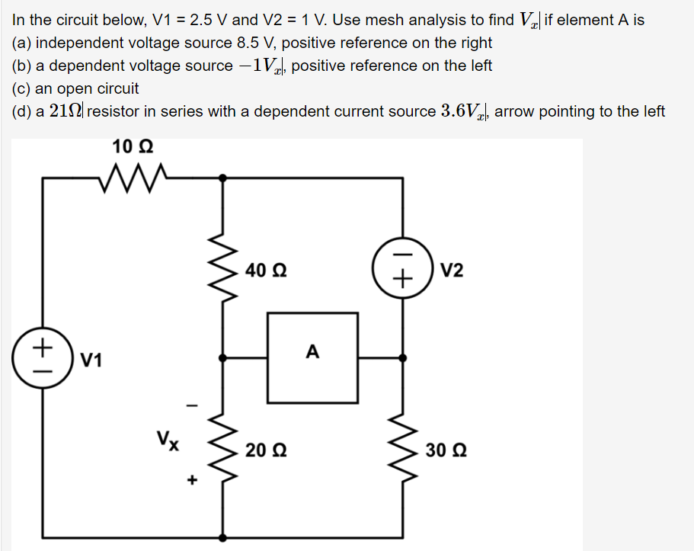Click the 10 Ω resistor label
coord(133,146)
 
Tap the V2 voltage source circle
coord(402,271)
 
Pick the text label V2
coord(451,271)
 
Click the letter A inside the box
coord(312,352)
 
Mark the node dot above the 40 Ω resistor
coord(223,178)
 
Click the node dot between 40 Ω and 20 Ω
coord(223,357)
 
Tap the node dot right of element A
coord(402,357)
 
